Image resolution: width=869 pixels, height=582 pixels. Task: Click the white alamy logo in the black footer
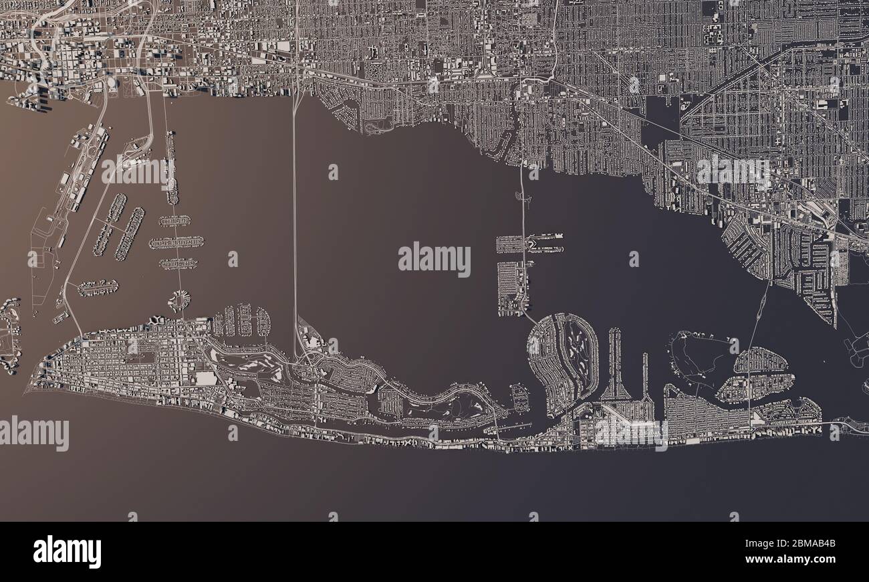[x=67, y=552]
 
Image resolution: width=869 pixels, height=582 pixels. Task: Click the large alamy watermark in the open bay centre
[x=434, y=259]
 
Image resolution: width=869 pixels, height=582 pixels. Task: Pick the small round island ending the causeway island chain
[x=178, y=300]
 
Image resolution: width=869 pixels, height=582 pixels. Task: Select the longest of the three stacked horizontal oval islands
[x=176, y=242]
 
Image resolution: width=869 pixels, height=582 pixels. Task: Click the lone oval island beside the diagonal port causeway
[x=98, y=288]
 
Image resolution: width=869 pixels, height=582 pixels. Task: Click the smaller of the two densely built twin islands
[x=761, y=360]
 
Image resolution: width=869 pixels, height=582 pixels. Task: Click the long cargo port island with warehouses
[x=80, y=174]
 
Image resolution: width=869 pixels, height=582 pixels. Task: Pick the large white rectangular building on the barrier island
[x=205, y=379]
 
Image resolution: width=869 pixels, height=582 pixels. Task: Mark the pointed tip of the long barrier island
[x=28, y=390]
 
